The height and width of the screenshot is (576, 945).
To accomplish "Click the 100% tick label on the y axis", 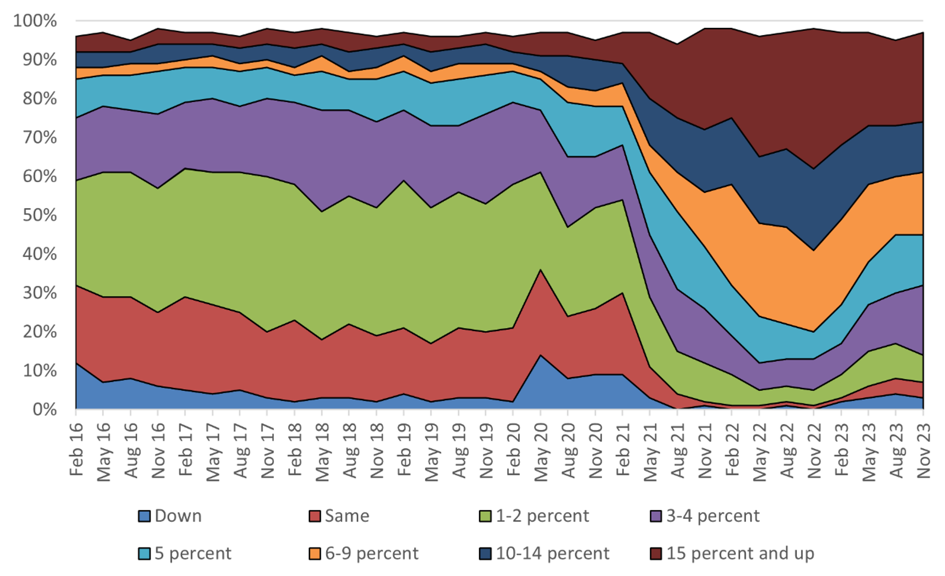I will click(x=35, y=21).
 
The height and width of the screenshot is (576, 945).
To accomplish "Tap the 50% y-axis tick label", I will click(x=39, y=215).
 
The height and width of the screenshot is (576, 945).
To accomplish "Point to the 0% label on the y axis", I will click(x=44, y=410).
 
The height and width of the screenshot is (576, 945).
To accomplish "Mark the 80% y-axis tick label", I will click(x=39, y=98).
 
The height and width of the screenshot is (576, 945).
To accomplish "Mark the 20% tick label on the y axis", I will click(x=39, y=332).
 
